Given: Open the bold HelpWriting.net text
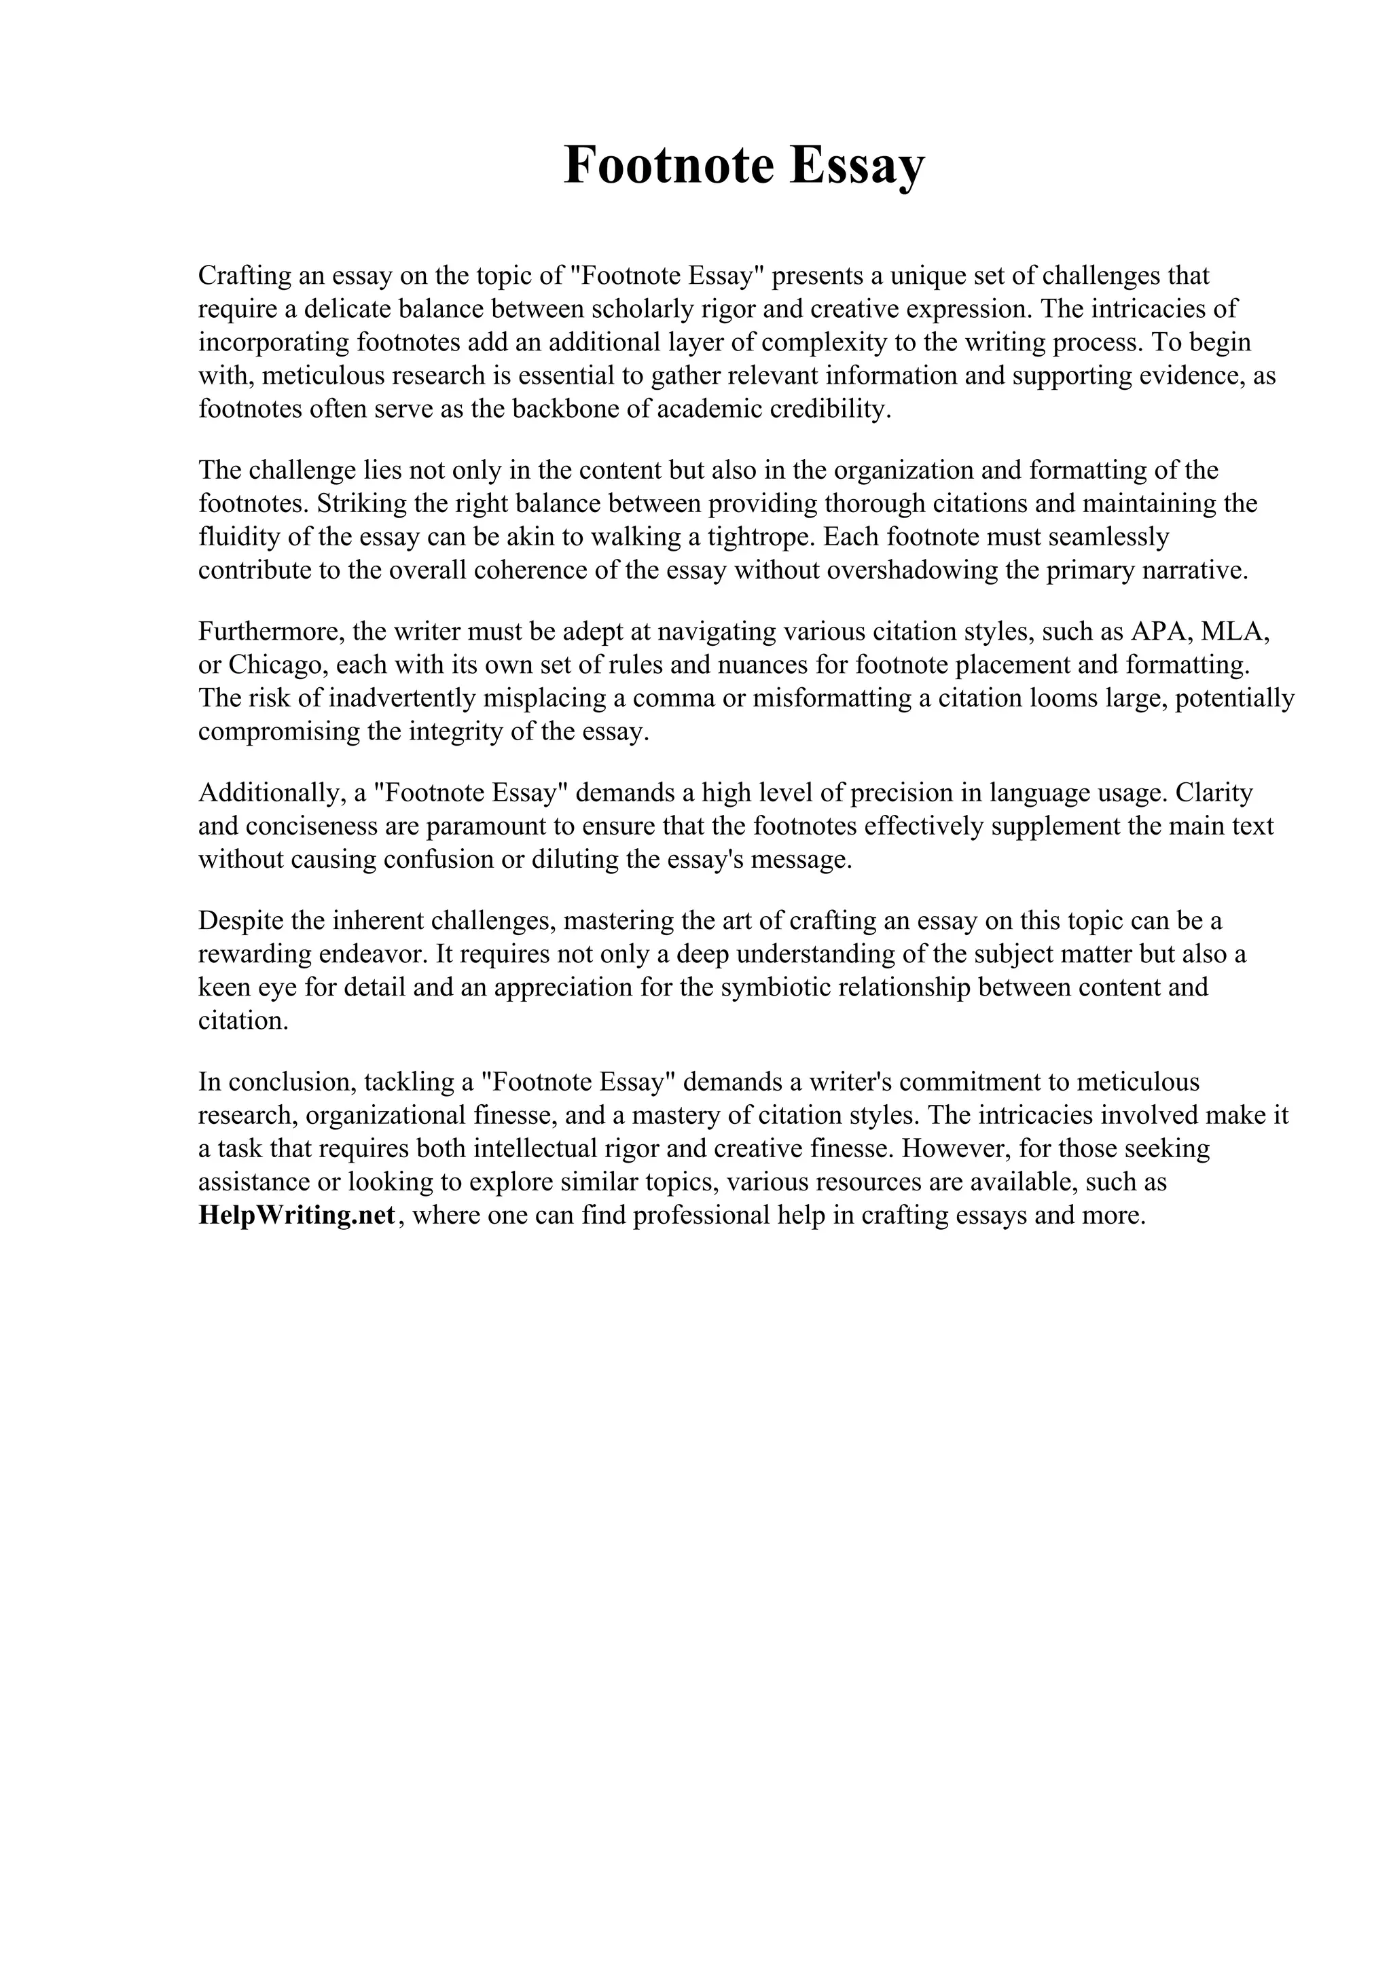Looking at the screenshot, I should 297,1216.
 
